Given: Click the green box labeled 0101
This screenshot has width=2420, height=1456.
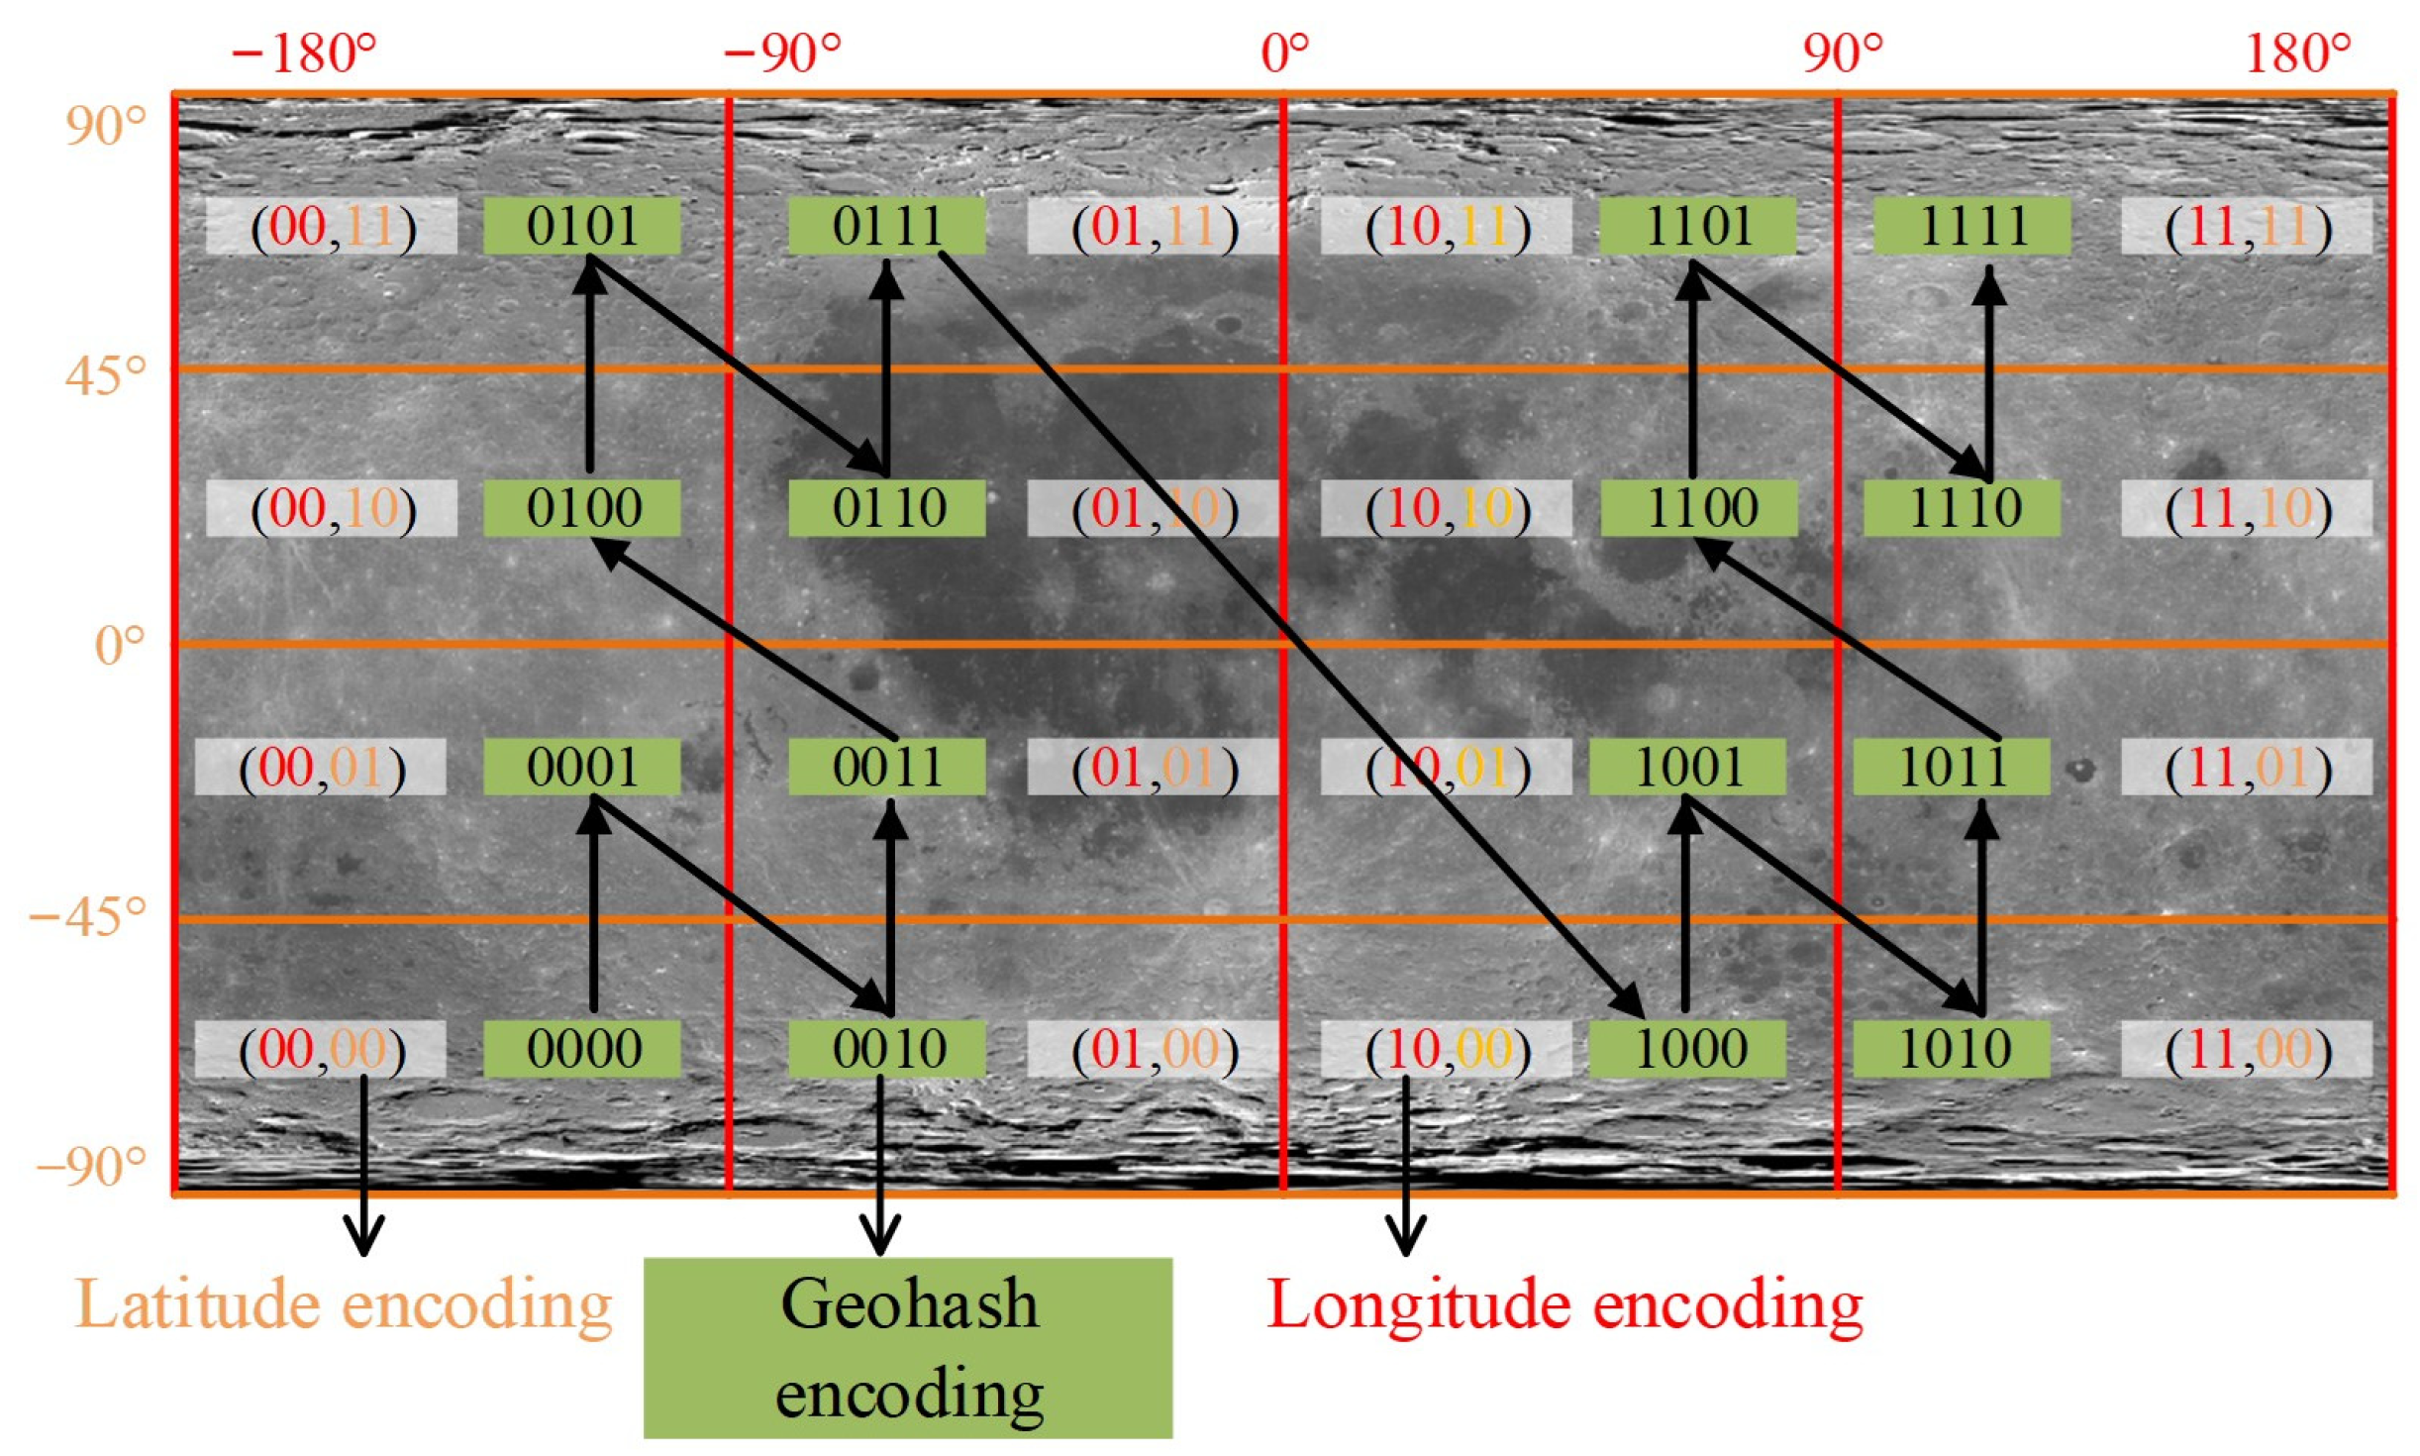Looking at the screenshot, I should click(581, 226).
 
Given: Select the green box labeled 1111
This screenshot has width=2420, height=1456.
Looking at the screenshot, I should click(1971, 226).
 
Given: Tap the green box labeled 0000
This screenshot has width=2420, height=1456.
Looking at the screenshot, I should click(581, 1048).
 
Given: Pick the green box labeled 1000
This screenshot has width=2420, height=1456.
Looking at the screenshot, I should click(1686, 1048).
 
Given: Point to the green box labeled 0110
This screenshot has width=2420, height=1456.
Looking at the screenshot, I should click(886, 508).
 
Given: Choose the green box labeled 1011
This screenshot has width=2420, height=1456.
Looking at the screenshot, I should click(1951, 767).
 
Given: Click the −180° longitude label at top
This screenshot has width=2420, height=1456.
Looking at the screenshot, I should click(304, 52).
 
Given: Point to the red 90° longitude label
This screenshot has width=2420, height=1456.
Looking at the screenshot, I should click(1842, 52).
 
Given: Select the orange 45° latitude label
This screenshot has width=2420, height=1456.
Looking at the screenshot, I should click(105, 375).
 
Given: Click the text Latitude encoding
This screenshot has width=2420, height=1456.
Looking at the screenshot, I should click(344, 1304).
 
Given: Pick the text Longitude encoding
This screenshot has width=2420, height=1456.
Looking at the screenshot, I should click(1564, 1304).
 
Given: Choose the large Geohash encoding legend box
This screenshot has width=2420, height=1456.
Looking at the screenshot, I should click(907, 1347).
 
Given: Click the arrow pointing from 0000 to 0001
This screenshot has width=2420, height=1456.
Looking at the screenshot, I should click(593, 906).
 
